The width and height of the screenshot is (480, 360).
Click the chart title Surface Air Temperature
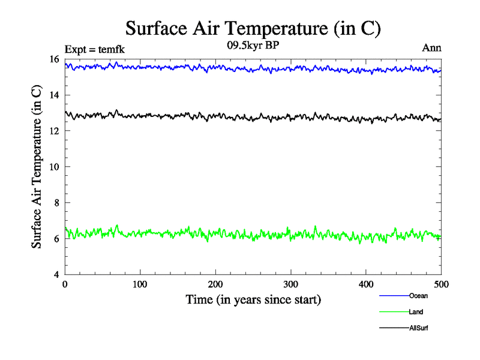pos(253,28)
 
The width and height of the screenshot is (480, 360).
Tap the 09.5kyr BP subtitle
pos(253,44)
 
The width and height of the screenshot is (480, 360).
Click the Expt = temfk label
pos(95,49)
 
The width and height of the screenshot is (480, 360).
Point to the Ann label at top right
pos(432,48)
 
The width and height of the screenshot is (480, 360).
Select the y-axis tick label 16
pos(54,59)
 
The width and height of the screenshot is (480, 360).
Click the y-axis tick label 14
pos(54,95)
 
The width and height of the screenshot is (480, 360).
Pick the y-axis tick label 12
pos(54,131)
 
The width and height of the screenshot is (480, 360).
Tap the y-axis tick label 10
pos(54,167)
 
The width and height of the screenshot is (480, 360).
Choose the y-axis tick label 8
pos(56,203)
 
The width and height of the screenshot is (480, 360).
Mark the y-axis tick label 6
pos(56,239)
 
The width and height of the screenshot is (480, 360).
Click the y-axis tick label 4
pos(56,275)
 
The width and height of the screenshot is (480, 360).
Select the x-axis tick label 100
pos(140,284)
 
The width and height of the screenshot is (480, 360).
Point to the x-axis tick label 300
pos(290,284)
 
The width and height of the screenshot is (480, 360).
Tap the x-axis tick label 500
pos(441,284)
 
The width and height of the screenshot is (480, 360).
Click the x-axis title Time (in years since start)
pos(253,299)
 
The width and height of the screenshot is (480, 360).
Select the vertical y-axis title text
pos(37,167)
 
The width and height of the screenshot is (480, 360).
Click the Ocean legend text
pos(418,296)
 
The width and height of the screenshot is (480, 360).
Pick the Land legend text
pos(416,312)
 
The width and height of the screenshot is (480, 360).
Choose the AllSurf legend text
pos(418,328)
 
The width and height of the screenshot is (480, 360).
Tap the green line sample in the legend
pos(394,312)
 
